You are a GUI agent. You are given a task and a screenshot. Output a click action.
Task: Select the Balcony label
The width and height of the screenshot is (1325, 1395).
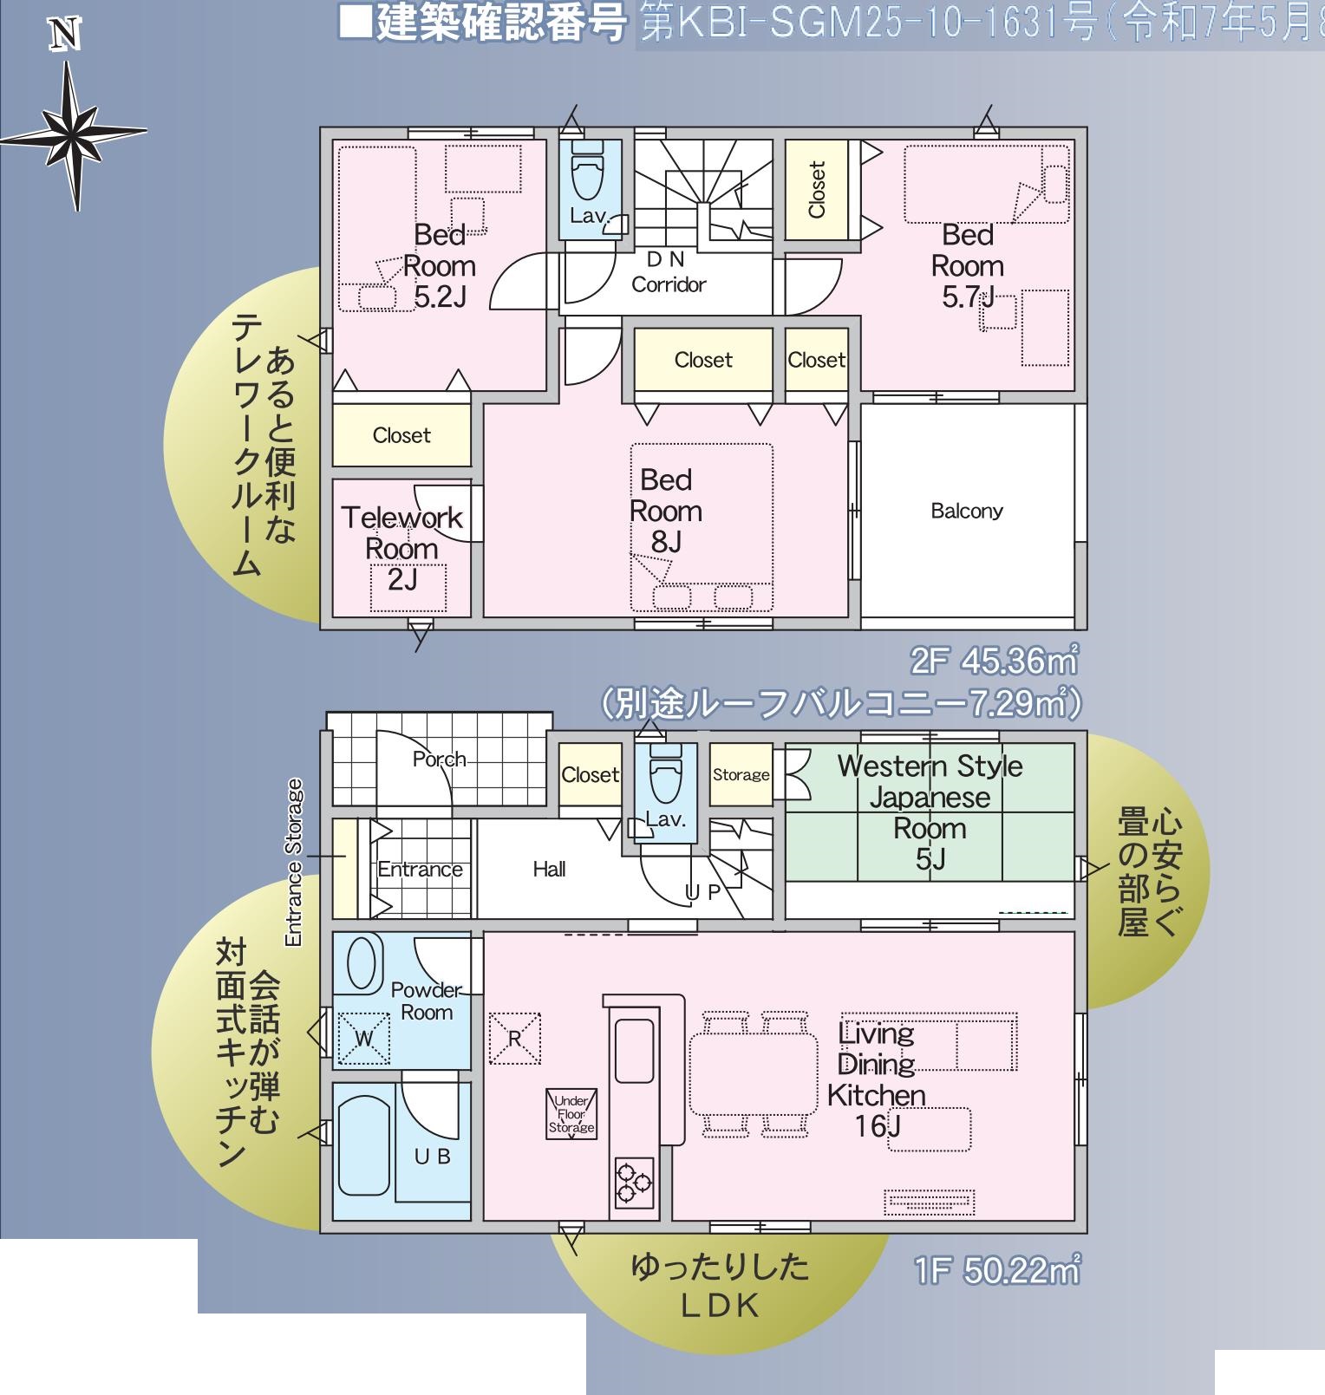[x=967, y=511]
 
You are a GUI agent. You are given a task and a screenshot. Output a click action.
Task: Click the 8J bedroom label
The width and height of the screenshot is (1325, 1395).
[x=666, y=511]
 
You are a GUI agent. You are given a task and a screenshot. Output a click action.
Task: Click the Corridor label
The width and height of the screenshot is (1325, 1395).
[x=669, y=284]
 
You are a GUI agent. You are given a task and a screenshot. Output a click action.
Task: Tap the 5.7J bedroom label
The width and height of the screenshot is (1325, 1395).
[x=968, y=266]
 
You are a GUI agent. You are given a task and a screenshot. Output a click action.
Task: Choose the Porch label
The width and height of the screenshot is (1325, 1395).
[x=439, y=759]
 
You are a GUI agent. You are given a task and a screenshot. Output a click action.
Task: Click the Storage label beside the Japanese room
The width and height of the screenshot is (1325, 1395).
[x=741, y=775]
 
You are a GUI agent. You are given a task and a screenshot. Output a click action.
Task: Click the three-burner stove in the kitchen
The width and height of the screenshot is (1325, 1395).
[x=633, y=1182]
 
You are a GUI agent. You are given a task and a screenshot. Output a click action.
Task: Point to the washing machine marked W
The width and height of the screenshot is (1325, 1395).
[x=362, y=1038]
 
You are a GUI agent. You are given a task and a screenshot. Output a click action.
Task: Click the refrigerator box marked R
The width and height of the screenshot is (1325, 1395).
[x=515, y=1038]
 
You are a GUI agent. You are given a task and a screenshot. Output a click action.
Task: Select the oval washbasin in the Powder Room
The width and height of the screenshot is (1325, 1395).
[x=362, y=962]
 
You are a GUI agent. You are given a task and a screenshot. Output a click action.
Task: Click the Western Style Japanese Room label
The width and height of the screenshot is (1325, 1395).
[x=930, y=812]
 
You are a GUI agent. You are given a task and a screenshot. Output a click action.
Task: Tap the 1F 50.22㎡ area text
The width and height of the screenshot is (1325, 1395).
[x=996, y=1272]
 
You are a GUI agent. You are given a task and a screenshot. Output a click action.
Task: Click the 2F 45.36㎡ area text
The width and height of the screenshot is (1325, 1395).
[x=994, y=662]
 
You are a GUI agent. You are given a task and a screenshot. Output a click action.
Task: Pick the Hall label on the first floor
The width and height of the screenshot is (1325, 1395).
[x=550, y=869]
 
